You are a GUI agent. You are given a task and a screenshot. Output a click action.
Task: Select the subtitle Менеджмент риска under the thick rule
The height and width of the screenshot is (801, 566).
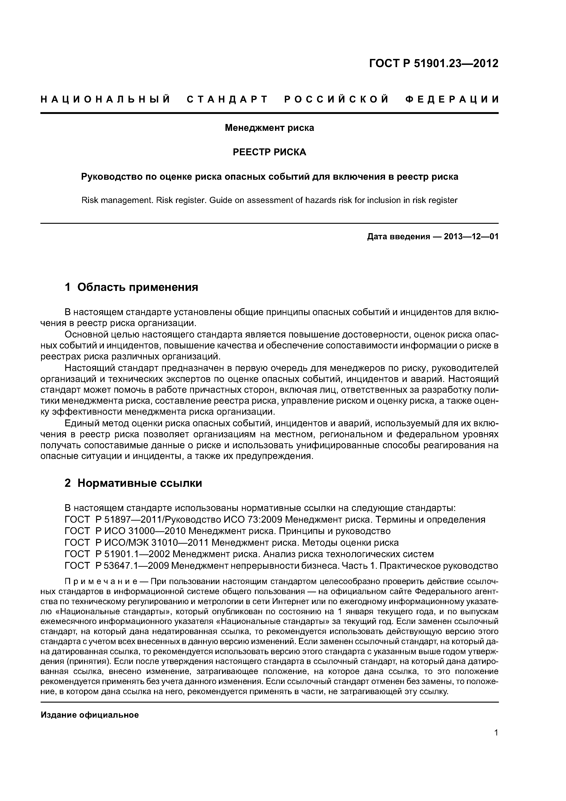269,128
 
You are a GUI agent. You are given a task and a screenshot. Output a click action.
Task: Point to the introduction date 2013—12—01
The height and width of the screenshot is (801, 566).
471,237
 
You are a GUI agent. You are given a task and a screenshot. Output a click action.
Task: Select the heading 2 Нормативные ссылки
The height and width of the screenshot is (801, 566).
133,483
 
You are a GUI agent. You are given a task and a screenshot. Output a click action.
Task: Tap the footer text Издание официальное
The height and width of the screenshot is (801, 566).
90,715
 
